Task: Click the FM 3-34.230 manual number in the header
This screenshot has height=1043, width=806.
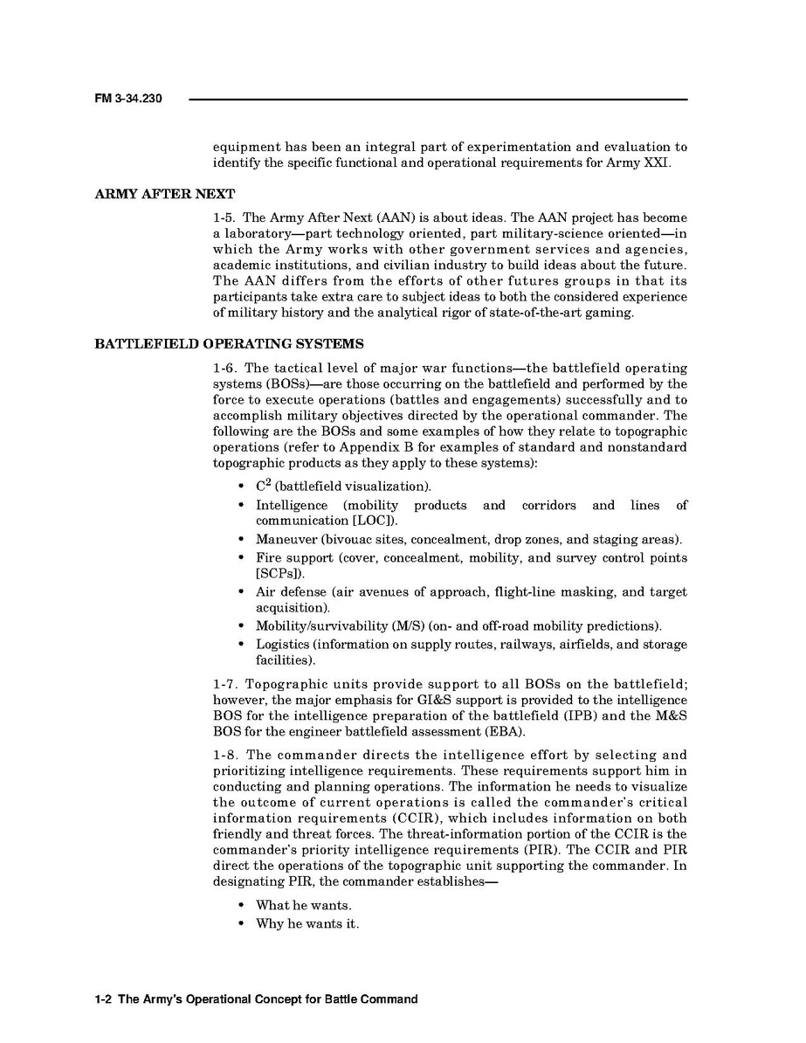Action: (x=127, y=100)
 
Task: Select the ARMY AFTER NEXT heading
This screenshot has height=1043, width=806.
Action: (x=164, y=194)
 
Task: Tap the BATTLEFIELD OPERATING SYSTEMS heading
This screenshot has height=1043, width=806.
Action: (x=229, y=343)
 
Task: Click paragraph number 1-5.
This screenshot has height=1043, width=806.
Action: (x=225, y=218)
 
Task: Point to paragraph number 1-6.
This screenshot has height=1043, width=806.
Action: (x=225, y=368)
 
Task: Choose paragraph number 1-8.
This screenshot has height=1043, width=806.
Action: (x=225, y=755)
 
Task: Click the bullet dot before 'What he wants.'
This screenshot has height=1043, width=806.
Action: (x=240, y=905)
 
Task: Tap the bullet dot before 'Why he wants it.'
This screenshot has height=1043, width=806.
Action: (x=240, y=923)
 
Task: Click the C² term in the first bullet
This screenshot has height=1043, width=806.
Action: (x=263, y=485)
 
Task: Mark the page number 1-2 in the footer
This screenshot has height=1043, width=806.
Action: (x=103, y=999)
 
